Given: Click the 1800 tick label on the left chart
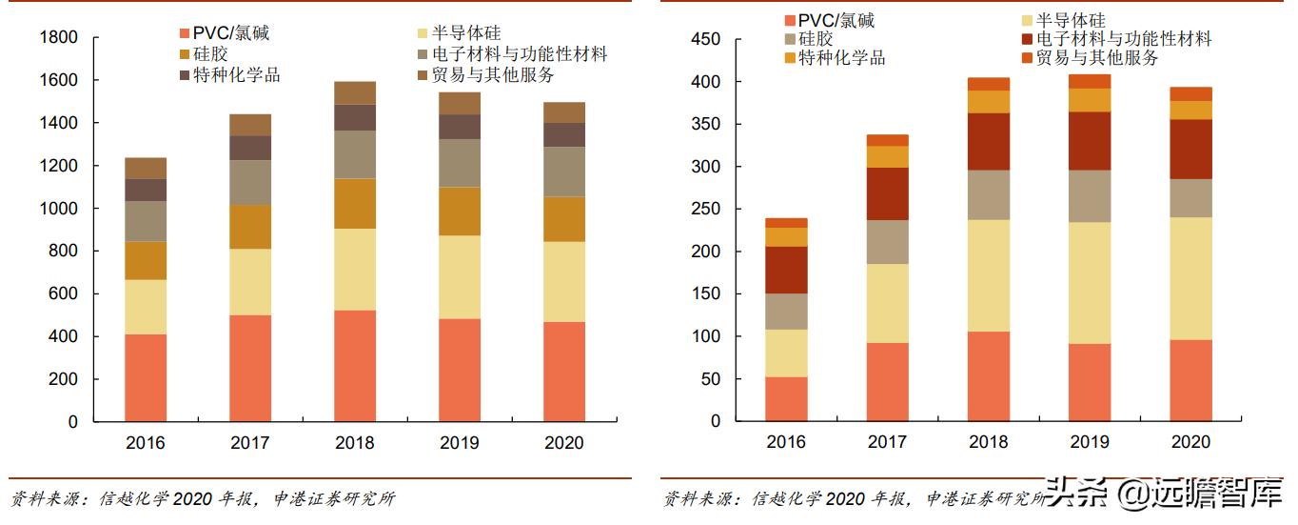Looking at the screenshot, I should pos(58,38).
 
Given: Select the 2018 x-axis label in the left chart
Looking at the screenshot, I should pos(354,443).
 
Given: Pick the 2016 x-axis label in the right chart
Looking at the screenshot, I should pos(786,442).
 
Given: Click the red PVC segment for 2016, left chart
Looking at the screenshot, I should pos(146,377).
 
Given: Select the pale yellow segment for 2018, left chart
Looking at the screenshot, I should pos(354,270).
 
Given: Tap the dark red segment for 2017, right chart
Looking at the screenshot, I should pos(887,194).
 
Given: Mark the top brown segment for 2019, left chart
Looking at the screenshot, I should pos(459,103).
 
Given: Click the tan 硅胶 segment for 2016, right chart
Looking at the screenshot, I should pos(786,312).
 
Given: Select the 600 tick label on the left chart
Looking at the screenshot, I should pos(63,294).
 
